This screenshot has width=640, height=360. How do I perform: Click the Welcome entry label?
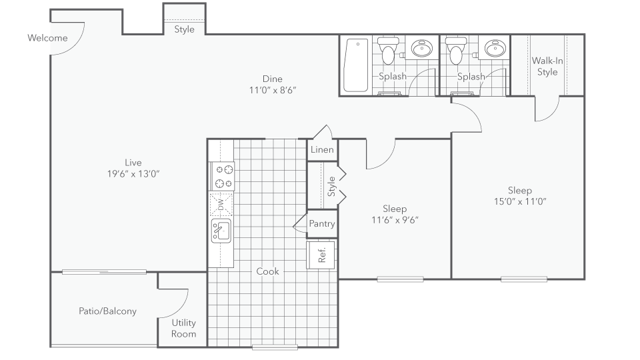47,38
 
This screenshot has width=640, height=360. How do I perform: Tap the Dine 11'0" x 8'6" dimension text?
273,90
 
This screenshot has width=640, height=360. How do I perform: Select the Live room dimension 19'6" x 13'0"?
133,174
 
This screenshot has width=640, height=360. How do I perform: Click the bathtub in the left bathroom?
356,65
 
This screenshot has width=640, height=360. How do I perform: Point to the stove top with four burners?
223,176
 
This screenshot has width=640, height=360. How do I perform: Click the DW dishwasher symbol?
221,204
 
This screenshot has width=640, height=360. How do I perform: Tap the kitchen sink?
221,231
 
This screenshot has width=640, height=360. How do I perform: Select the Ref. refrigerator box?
321,255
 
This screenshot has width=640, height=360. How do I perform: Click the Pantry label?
322,224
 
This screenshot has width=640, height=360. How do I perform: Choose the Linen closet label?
322,150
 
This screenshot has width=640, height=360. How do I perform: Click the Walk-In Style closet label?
547,67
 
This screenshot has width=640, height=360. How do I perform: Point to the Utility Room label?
184,328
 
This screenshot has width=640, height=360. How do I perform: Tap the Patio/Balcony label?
107,311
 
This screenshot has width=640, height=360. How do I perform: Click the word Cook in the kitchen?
268,271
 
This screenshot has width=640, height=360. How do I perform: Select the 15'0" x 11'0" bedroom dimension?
520,201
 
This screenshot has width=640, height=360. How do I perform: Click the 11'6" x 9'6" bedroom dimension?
395,220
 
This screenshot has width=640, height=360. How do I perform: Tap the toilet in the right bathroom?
456,51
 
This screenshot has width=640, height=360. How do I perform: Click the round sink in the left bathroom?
422,48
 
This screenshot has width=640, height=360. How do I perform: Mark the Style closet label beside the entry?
184,29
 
